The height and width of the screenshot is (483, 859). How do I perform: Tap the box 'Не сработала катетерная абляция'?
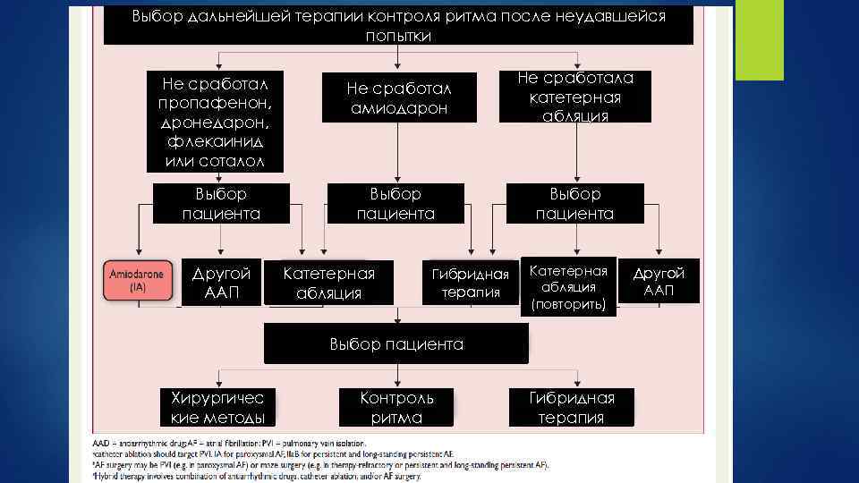point(575,97)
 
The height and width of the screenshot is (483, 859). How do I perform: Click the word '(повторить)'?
point(568,305)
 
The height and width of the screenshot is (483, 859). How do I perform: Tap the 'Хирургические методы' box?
point(217,408)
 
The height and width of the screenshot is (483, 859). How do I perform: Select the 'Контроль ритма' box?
point(396,408)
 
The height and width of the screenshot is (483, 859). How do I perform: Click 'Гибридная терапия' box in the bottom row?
point(571,408)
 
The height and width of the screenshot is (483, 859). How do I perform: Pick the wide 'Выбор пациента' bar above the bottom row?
point(396,344)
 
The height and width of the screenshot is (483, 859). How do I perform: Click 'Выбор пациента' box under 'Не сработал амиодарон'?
point(395,204)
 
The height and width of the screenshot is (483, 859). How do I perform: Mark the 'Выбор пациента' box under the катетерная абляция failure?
point(574,204)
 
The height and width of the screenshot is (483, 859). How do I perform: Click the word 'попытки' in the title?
point(398,37)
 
